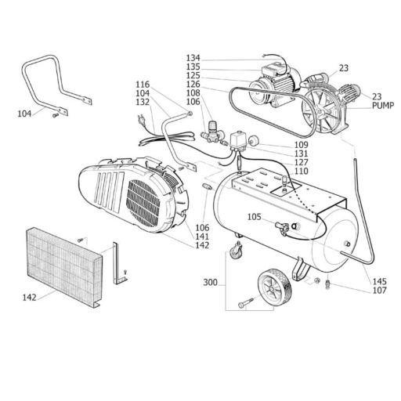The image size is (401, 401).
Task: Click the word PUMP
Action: (x=383, y=106)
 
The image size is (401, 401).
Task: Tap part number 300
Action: (x=210, y=283)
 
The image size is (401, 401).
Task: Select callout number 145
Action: (x=379, y=281)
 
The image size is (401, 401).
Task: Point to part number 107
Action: (x=379, y=290)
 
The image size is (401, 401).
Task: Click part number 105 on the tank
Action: (x=254, y=217)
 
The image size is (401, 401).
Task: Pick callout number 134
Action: (x=193, y=58)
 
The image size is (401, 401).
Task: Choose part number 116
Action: (x=143, y=85)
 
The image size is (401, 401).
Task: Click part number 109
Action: (x=302, y=145)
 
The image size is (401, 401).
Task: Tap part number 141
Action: (x=202, y=237)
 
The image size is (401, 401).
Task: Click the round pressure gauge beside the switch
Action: (x=252, y=140)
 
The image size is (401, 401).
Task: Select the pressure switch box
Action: (x=237, y=141)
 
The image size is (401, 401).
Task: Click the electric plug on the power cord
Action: (x=142, y=119)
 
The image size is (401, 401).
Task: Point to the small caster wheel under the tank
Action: (x=236, y=251)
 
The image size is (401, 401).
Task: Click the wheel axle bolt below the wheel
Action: (x=246, y=303)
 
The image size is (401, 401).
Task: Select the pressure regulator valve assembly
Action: (x=211, y=132)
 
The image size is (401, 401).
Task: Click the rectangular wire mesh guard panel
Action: (x=64, y=266)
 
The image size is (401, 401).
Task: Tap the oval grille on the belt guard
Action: (x=143, y=203)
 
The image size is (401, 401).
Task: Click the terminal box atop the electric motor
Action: (x=272, y=69)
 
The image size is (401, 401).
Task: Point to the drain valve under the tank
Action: (x=328, y=284)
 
